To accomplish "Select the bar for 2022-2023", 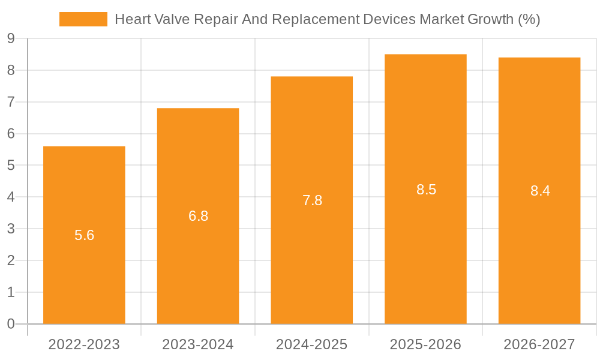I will click(x=84, y=276).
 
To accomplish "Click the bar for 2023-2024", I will click(x=198, y=270).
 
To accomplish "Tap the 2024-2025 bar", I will click(x=312, y=258).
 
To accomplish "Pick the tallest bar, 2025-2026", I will click(x=425, y=252).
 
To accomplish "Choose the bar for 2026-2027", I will click(x=539, y=252).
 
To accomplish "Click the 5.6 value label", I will click(x=85, y=235).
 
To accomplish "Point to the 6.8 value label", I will click(x=199, y=216).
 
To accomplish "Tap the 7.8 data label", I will click(x=313, y=200).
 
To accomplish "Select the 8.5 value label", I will click(x=427, y=190).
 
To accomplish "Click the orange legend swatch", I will click(x=83, y=19).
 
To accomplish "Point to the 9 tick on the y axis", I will click(x=11, y=38).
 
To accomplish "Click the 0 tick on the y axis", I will click(x=11, y=324).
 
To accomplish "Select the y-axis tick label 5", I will click(x=11, y=165).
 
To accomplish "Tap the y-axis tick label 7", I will click(x=11, y=102).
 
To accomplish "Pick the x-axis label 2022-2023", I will click(x=84, y=344).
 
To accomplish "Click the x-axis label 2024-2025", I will click(x=312, y=344).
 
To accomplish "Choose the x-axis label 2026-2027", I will click(x=539, y=344).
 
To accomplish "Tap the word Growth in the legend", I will click(x=489, y=19).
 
